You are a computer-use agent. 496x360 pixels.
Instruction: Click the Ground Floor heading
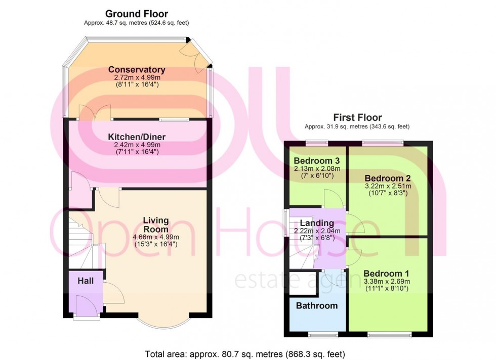pyautogui.click(x=136, y=14)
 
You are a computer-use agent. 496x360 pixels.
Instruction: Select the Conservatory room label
pyautogui.click(x=137, y=70)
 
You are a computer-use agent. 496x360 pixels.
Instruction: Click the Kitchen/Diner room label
pyautogui.click(x=137, y=137)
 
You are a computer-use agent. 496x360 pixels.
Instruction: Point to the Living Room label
pyautogui.click(x=155, y=224)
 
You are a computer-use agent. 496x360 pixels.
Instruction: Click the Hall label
pyautogui.click(x=86, y=281)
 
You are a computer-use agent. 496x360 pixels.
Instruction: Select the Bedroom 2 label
pyautogui.click(x=387, y=178)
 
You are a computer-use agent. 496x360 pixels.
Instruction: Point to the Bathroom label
pyautogui.click(x=317, y=306)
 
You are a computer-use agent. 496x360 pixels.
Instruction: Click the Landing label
pyautogui.click(x=317, y=223)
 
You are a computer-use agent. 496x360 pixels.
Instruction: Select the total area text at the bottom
pyautogui.click(x=245, y=354)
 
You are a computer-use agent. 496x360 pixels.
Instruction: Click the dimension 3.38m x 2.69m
pyautogui.click(x=386, y=281)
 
